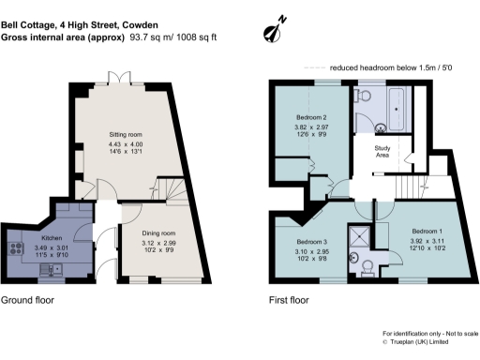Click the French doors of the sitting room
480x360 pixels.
[x=115, y=79]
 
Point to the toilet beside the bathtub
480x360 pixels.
[x=365, y=95]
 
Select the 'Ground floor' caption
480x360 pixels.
[x=27, y=302]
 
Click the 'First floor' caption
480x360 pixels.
[x=288, y=302]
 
